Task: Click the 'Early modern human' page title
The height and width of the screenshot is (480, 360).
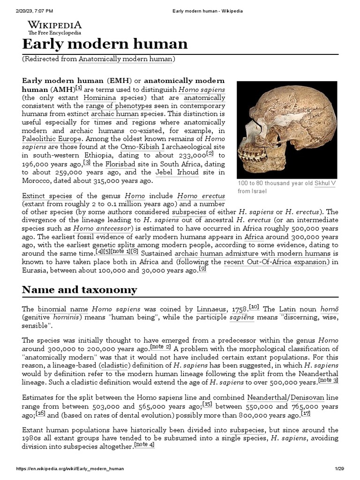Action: pyautogui.click(x=105, y=44)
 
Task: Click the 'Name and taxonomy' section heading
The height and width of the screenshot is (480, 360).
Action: pyautogui.click(x=80, y=289)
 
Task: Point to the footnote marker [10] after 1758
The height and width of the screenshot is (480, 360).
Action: pyautogui.click(x=254, y=307)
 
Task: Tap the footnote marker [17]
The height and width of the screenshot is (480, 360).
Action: pyautogui.click(x=306, y=414)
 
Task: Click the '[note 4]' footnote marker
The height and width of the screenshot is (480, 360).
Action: pyautogui.click(x=144, y=445)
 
